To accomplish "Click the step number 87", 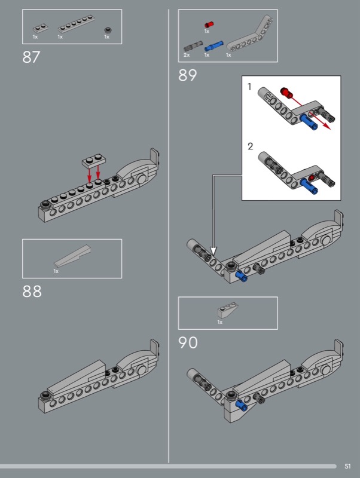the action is tap(31, 57).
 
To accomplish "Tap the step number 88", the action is tap(32, 292).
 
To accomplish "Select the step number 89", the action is tap(187, 75).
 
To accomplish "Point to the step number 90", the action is tap(188, 342).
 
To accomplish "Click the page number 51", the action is tap(347, 466).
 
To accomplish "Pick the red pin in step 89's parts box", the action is tap(209, 24).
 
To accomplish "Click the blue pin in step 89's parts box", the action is tap(214, 46).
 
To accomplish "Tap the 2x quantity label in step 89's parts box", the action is tap(187, 55).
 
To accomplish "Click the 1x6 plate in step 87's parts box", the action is tap(76, 23).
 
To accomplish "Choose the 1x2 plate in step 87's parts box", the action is tap(41, 28).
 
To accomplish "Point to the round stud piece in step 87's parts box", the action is tap(108, 30).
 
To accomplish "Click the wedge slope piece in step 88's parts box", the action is tap(72, 256).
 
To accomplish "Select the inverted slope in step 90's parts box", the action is tap(228, 310).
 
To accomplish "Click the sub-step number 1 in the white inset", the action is tap(249, 87).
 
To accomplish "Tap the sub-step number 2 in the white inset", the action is tap(250, 146).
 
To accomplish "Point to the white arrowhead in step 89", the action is tap(213, 251).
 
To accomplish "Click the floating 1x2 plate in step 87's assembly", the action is tap(94, 161).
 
